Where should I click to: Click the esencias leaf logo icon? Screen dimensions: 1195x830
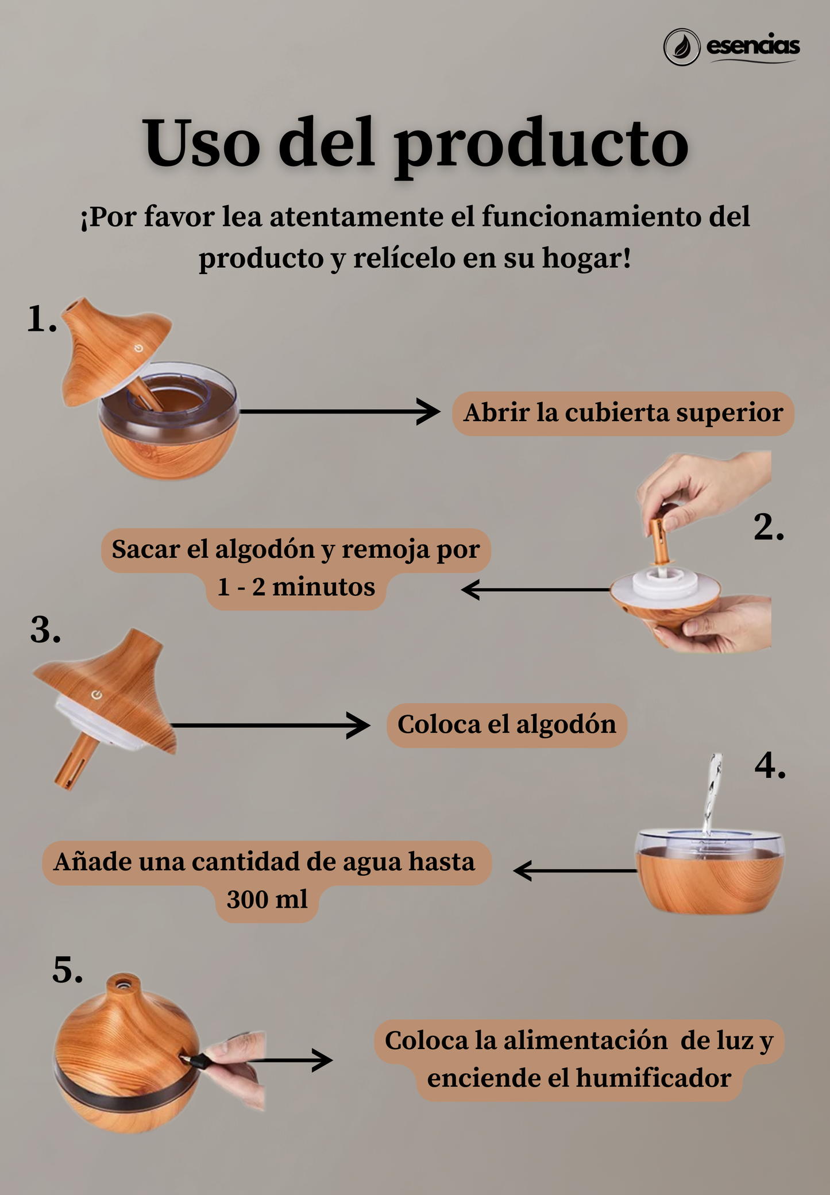coord(682,47)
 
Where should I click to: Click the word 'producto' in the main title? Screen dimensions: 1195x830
coord(541,143)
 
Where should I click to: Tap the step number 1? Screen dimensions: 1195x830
coord(42,319)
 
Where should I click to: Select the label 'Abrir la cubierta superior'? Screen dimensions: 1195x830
coord(623,413)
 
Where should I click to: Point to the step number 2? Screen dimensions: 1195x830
coord(769,527)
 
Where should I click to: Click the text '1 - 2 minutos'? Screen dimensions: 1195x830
coord(296,587)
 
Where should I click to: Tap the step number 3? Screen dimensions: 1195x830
coord(45,630)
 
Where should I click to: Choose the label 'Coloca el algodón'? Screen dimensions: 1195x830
coord(507,724)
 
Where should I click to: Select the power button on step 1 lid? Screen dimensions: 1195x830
coord(138,348)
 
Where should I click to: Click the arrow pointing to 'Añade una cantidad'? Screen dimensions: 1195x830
coord(574,871)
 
